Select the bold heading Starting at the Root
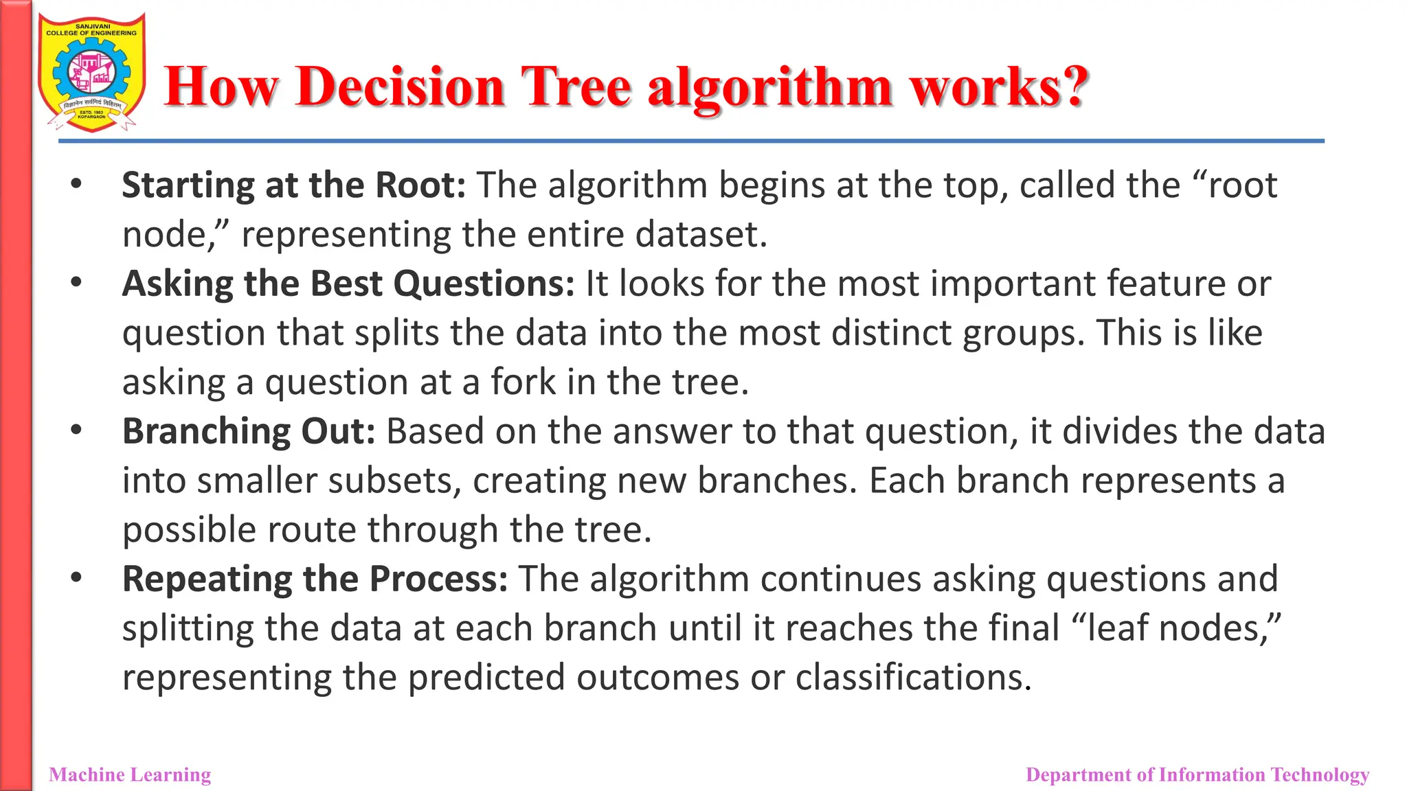coord(293,185)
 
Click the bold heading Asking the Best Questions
coord(348,284)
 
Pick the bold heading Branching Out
coord(249,431)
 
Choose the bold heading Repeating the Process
coord(315,579)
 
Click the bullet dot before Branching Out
coord(76,430)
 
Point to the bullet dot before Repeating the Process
coord(76,577)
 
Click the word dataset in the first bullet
coord(700,235)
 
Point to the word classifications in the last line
coord(913,678)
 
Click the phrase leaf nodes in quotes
coord(1176,628)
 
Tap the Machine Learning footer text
coord(130,775)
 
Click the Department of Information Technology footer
coord(1197,775)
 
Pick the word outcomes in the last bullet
coord(657,678)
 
